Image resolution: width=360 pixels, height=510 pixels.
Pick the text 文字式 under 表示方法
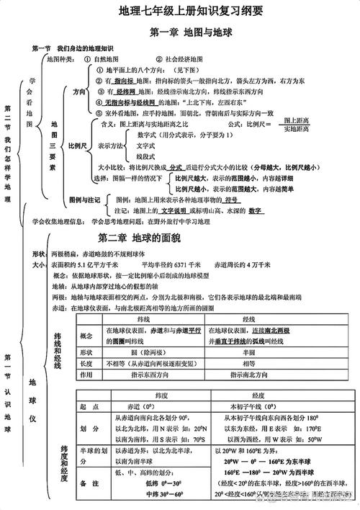tap(146, 145)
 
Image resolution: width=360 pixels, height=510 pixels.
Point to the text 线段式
tap(146, 155)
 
